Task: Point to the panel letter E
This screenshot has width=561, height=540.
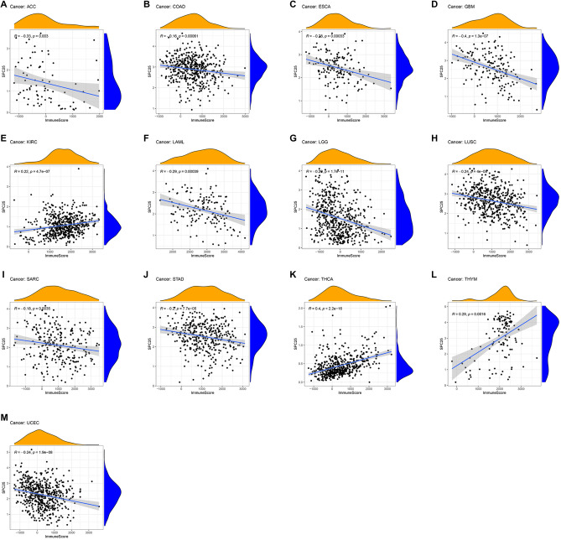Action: pos(4,138)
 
